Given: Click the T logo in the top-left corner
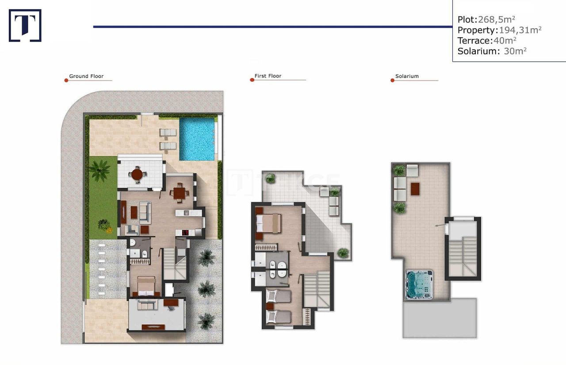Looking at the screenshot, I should click(25, 26).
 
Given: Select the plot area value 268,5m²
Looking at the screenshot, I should click(497, 19).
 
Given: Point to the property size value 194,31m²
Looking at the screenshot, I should click(520, 30).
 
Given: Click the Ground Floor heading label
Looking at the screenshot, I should click(86, 76).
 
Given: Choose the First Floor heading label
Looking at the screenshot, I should click(268, 76).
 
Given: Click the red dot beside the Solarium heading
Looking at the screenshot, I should click(392, 80).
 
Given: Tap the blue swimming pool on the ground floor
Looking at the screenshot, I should click(197, 139).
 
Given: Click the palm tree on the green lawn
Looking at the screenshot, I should click(99, 171).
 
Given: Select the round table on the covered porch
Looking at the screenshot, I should click(138, 174).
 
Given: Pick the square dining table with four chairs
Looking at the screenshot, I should click(179, 193).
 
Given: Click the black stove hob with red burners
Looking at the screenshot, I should click(185, 233).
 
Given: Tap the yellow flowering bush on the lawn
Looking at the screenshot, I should click(105, 225).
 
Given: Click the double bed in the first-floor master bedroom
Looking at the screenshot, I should click(269, 223).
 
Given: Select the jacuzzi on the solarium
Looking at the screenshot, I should click(418, 284).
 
